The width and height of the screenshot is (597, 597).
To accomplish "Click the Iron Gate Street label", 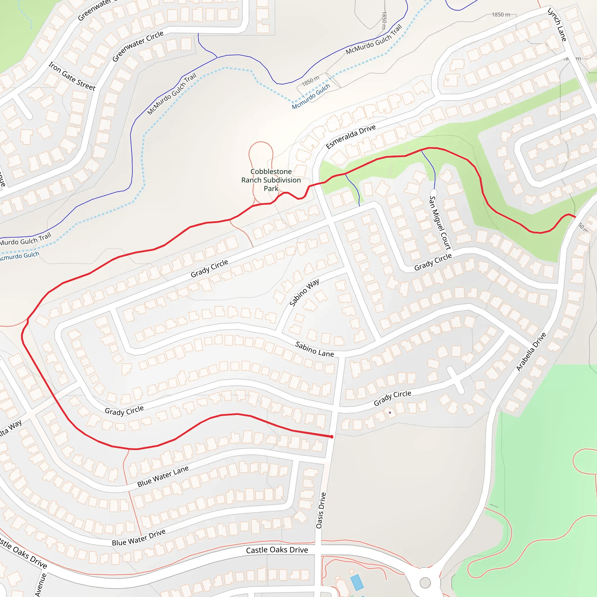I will point(72,76).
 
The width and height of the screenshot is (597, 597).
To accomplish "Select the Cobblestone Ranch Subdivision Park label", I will point(271,180).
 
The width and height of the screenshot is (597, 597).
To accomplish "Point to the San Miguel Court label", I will point(440,222).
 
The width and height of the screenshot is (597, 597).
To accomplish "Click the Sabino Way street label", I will point(304,292).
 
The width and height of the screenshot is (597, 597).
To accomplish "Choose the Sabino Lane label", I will point(314,349).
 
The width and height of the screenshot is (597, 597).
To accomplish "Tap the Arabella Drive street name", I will point(531,352).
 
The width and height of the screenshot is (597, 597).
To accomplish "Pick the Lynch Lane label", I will point(557,25).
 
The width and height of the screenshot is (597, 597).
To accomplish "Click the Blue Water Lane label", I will point(163,476).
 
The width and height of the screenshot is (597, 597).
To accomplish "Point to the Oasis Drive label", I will point(321,510).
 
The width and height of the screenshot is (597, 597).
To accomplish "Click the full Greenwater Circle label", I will point(138,46).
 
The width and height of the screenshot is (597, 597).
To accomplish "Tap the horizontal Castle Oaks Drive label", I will point(277,550).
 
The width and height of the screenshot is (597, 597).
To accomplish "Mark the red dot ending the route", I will point(331,437).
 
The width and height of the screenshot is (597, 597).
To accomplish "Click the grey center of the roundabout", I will point(425,583).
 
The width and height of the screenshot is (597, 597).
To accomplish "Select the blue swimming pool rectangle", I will point(357,582).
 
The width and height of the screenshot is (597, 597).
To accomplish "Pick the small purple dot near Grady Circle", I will point(390,412).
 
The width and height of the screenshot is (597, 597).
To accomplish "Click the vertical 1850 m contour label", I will point(384,20).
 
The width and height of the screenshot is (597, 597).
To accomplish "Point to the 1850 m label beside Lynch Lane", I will point(501,15).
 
